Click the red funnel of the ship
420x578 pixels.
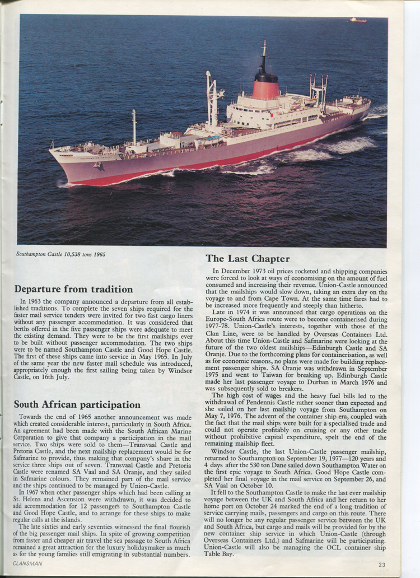coord(266,90)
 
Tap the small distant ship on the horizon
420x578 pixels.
coord(358,20)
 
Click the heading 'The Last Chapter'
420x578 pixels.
coord(248,259)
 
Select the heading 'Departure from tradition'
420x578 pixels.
coord(73,290)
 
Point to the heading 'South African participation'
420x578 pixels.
coord(77,404)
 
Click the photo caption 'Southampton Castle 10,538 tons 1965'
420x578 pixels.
coord(60,254)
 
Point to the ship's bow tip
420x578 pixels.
coord(52,150)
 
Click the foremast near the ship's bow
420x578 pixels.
coord(134,126)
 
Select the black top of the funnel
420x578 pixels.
coord(265,76)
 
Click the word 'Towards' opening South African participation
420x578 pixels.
coord(32,417)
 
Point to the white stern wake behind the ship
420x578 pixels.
coord(358,144)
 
